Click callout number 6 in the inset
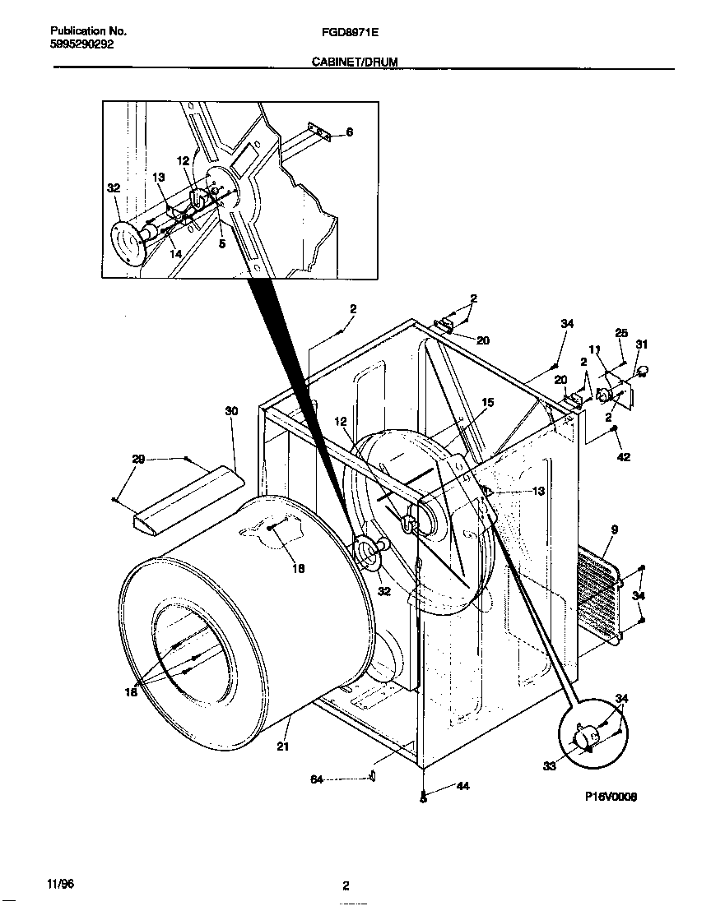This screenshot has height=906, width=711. click(349, 132)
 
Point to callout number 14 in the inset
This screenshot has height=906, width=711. click(175, 255)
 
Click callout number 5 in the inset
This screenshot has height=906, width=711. click(221, 243)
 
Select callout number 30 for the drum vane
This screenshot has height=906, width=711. click(231, 410)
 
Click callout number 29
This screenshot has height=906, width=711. click(138, 460)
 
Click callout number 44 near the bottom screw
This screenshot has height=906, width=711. click(462, 787)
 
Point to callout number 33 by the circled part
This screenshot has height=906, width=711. click(550, 766)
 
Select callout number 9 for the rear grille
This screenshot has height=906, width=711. click(614, 529)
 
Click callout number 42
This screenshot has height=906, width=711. click(623, 457)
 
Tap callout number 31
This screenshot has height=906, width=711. click(642, 344)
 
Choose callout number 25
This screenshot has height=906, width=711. click(621, 333)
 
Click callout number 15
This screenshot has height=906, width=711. click(487, 403)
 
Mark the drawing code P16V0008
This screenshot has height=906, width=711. click(611, 797)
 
